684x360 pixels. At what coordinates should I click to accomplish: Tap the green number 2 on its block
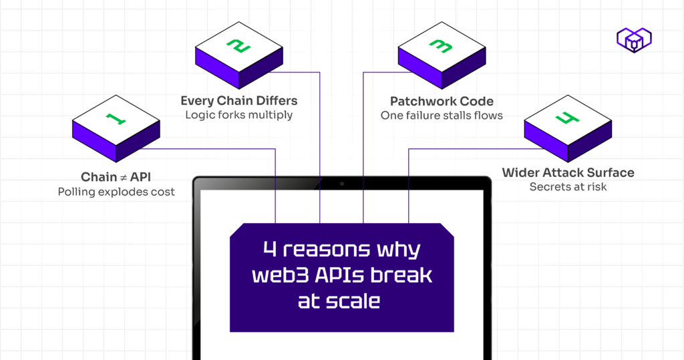(238, 46)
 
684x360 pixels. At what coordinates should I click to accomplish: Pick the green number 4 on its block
(566, 120)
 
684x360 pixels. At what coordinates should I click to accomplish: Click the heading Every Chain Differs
(238, 101)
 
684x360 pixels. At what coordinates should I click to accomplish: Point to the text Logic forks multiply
(238, 115)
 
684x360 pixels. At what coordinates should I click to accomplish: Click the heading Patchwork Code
(442, 102)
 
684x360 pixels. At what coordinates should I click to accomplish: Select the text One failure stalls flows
(442, 116)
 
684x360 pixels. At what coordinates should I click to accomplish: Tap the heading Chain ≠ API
(116, 177)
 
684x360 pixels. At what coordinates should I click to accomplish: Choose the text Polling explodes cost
(116, 192)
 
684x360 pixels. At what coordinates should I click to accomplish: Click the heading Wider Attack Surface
(568, 173)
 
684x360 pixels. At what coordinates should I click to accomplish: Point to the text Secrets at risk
(568, 187)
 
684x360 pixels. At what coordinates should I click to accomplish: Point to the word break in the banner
(405, 275)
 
